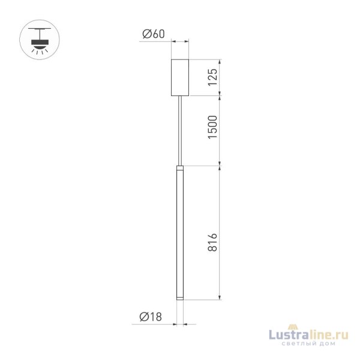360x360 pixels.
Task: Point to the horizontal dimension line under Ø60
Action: [x=180, y=41]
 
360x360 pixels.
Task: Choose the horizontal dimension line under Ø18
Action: [x=180, y=323]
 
